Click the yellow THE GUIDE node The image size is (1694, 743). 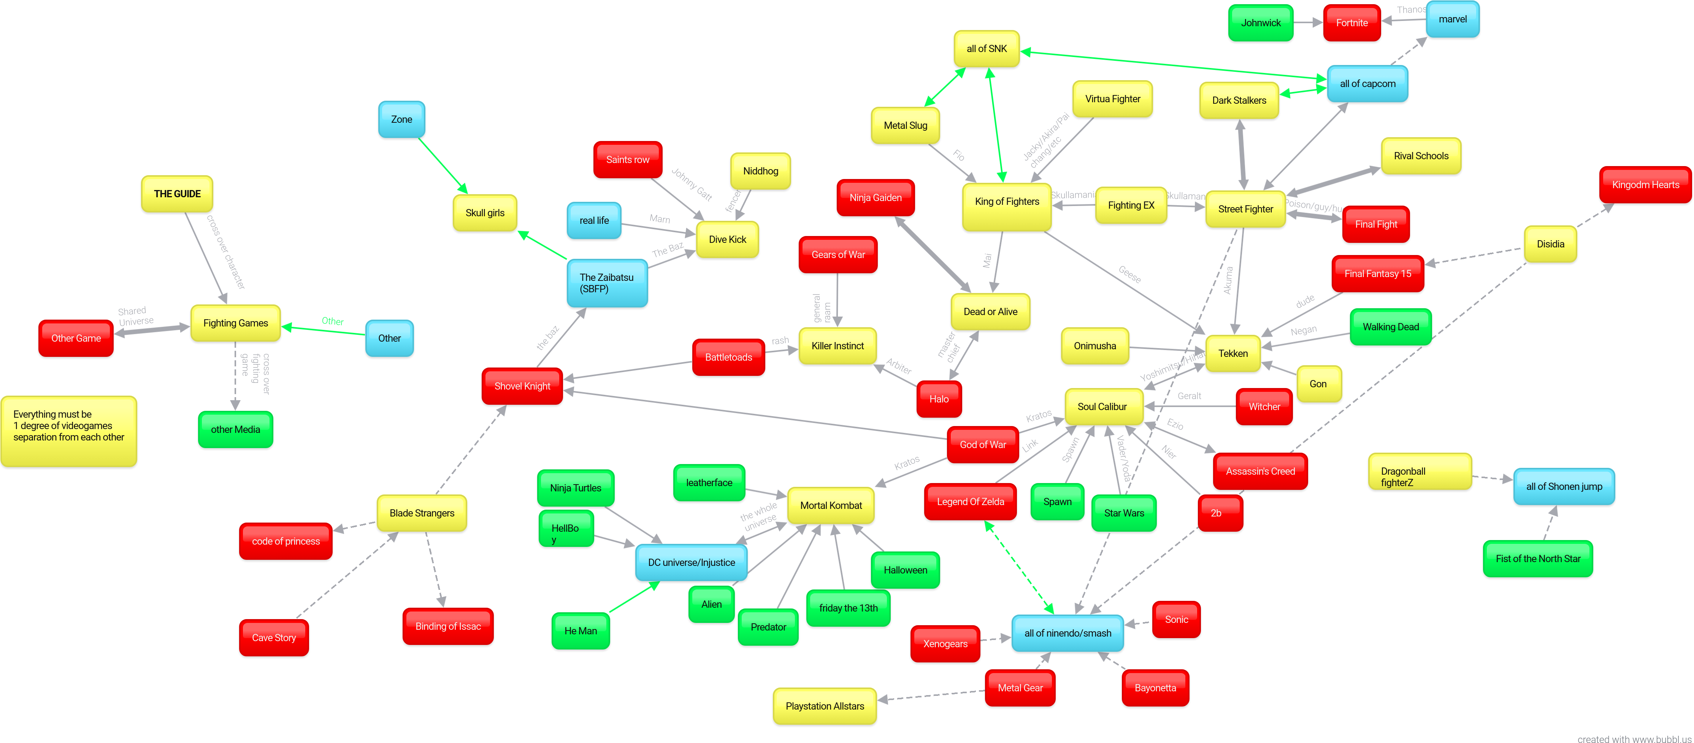click(177, 194)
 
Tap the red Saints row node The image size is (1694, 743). click(627, 160)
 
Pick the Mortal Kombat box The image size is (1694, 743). click(831, 505)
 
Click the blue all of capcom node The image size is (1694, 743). click(1367, 84)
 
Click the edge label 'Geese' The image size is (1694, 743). click(1129, 274)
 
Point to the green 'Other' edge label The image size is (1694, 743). click(332, 322)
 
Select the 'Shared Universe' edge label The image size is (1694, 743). click(135, 316)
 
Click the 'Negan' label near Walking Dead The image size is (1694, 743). click(1303, 331)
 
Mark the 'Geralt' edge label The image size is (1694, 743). click(1189, 396)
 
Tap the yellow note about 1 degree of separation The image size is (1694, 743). click(68, 431)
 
